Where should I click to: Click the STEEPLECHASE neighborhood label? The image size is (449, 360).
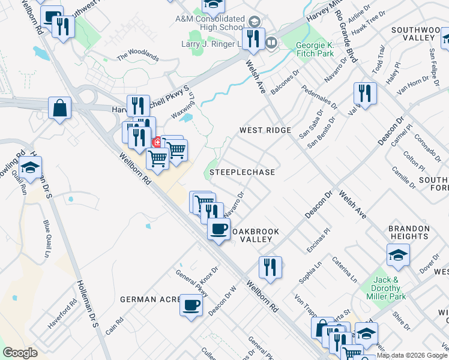tap(243, 172)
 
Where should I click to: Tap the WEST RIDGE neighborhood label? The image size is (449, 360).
tap(265, 130)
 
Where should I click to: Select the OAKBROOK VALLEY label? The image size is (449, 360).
tap(256, 235)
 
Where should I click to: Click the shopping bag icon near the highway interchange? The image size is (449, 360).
tap(60, 109)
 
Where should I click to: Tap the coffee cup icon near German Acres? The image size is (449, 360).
tap(191, 305)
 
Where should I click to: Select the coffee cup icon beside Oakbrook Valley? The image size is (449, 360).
tap(218, 229)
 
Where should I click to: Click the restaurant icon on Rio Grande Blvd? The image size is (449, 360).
tap(365, 94)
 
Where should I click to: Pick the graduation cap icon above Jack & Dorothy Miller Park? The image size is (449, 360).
tap(398, 255)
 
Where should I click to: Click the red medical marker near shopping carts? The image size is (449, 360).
tap(157, 142)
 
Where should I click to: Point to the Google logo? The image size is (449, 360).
tap(20, 353)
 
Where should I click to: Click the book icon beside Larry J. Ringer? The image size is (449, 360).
tap(271, 43)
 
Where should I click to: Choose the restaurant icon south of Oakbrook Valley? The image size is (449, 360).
tap(270, 268)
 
